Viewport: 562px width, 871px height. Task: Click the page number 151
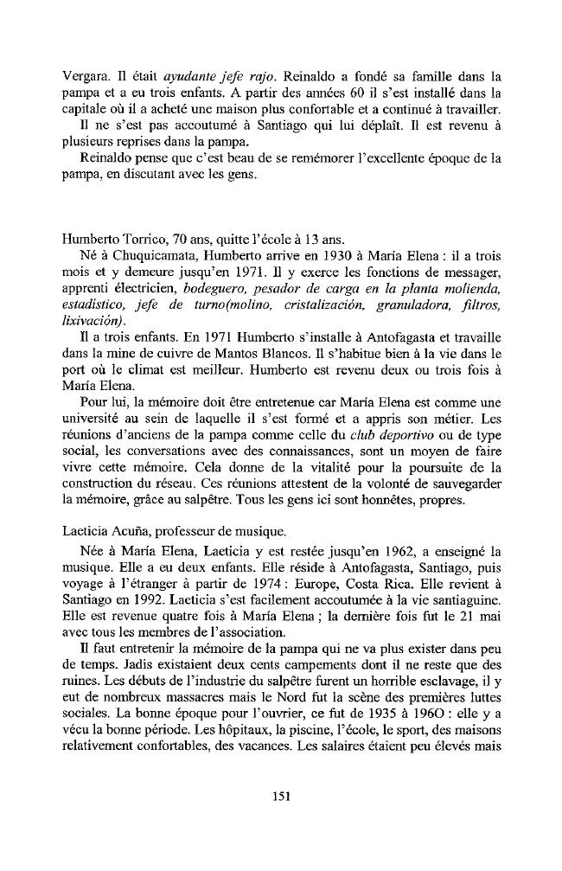click(279, 796)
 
